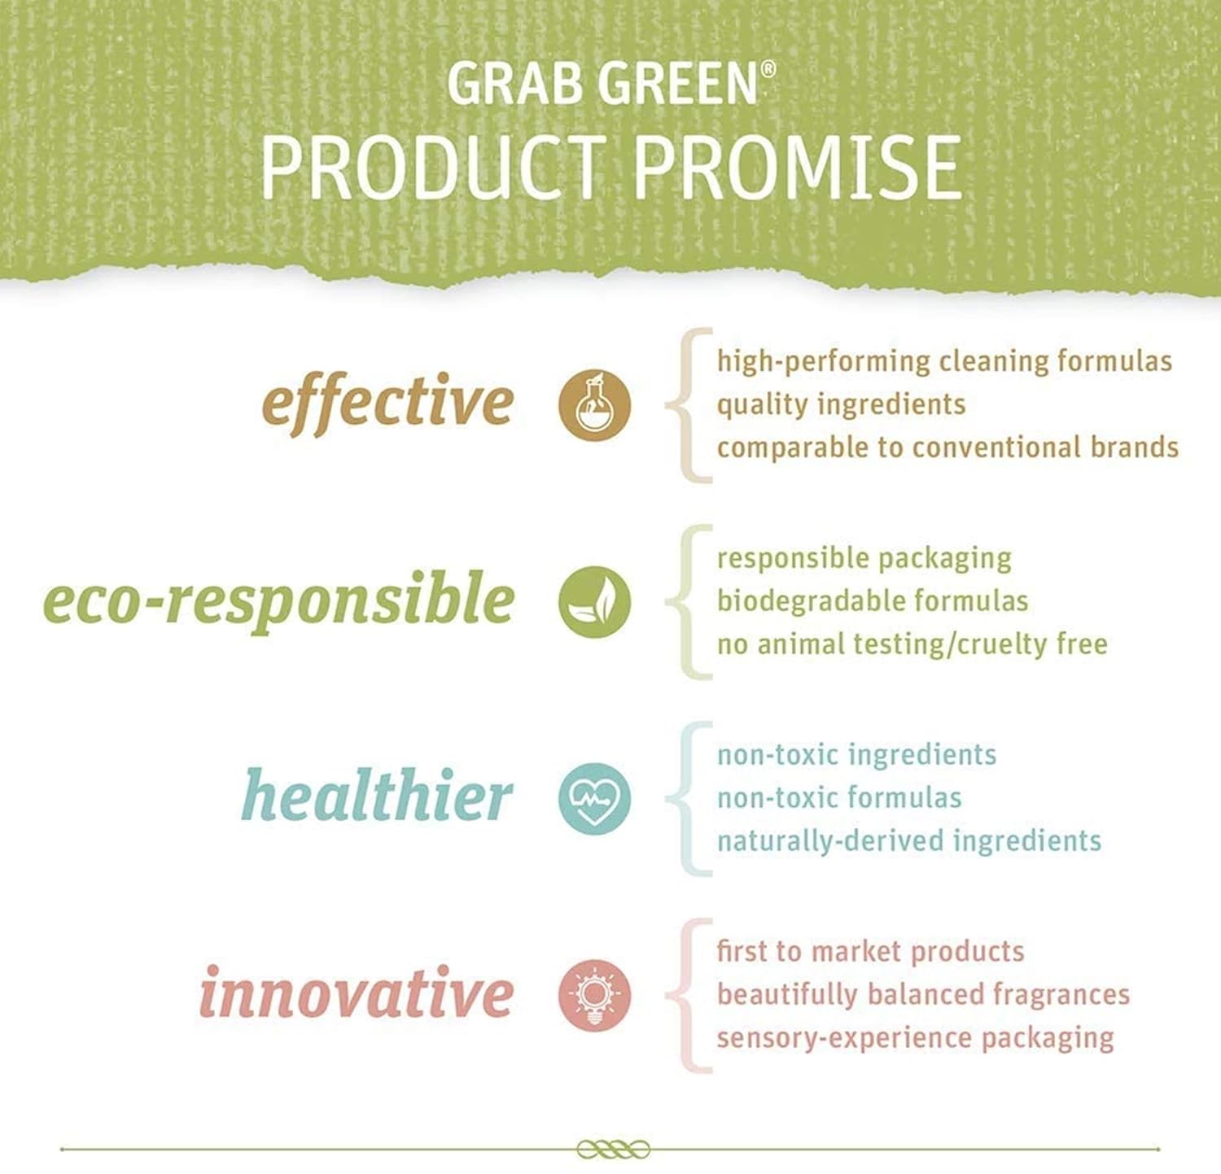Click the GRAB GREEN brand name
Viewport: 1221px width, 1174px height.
603,83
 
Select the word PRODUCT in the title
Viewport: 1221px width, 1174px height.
435,168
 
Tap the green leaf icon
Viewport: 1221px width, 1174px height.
594,602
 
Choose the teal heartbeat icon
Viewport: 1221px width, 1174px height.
594,799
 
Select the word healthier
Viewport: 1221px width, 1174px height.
377,795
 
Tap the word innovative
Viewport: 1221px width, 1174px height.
356,992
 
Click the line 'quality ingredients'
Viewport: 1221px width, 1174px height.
841,405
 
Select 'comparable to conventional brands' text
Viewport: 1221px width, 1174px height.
947,447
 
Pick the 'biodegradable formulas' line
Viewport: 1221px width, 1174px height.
873,601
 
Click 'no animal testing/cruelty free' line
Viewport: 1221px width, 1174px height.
912,644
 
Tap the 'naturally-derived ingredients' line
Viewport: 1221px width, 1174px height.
908,841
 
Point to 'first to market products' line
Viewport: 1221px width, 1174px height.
870,952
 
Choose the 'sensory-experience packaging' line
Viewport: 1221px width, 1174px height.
915,1039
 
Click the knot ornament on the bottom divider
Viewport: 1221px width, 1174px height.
613,1150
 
